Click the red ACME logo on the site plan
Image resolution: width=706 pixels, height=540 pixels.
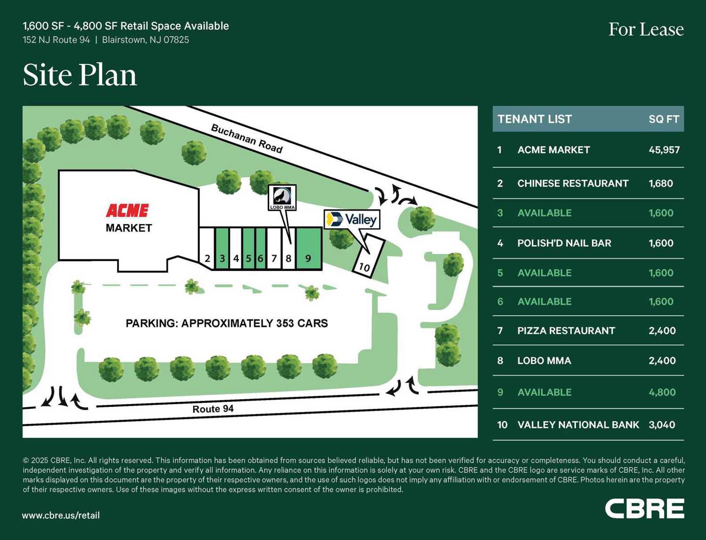click(x=127, y=210)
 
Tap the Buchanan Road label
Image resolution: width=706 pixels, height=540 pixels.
click(x=247, y=139)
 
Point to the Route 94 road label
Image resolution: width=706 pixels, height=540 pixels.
click(x=213, y=409)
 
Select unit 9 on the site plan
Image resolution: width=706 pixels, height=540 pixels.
click(x=308, y=248)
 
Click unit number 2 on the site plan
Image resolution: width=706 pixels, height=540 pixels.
click(x=207, y=259)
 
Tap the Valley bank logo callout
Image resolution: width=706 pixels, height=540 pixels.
click(x=352, y=219)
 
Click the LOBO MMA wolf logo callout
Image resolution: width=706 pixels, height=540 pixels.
click(x=282, y=197)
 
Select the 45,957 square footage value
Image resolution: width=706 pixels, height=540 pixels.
click(x=664, y=150)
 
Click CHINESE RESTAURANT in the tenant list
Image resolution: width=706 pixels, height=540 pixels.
click(x=573, y=184)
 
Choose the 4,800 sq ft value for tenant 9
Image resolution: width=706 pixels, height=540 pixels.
click(x=662, y=392)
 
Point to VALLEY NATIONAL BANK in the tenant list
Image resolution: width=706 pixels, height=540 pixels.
click(x=578, y=425)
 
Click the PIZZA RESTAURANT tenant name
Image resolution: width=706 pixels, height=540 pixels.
click(x=566, y=331)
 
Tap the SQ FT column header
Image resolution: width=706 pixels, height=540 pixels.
click(x=664, y=119)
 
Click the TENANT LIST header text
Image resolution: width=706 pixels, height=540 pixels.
click(x=534, y=119)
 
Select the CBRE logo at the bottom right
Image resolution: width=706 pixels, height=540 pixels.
click(x=644, y=509)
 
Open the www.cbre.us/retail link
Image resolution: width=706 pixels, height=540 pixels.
click(x=61, y=515)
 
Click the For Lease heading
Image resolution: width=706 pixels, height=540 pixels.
click(x=646, y=30)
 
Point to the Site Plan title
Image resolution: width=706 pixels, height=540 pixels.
click(x=80, y=75)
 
